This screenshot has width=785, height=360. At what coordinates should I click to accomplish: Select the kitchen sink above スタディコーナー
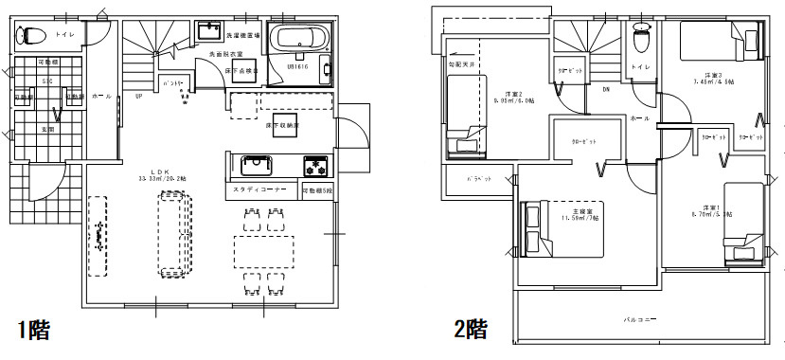pyautogui.click(x=256, y=168)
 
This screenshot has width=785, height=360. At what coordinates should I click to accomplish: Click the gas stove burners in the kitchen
pyautogui.click(x=314, y=168)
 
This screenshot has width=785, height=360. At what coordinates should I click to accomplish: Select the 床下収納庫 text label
pyautogui.click(x=282, y=125)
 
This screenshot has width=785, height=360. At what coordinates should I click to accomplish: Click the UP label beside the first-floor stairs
pyautogui.click(x=139, y=97)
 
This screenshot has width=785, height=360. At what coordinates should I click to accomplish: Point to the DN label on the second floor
pyautogui.click(x=605, y=90)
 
